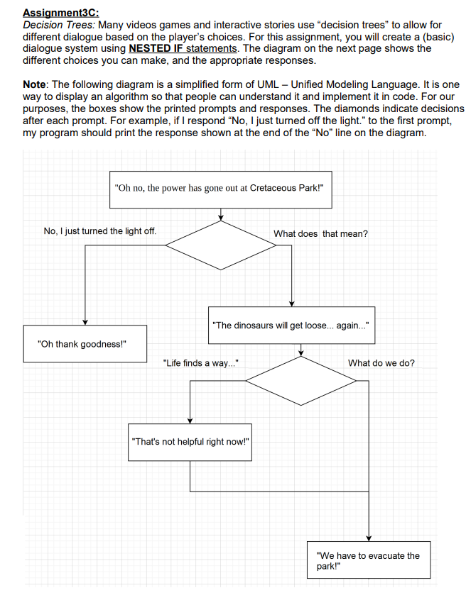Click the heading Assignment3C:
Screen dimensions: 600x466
[60, 13]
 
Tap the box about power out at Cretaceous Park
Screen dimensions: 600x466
[220, 189]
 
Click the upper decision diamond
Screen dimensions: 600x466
[221, 246]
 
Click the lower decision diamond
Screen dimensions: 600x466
[300, 381]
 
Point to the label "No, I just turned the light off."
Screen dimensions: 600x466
[100, 231]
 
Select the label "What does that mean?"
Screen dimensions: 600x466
[320, 233]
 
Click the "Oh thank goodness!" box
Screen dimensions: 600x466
[85, 344]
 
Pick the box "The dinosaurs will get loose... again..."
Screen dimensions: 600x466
[291, 325]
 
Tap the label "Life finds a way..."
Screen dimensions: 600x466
[201, 363]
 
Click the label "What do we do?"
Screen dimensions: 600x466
[381, 363]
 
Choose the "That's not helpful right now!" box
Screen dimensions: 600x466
[191, 442]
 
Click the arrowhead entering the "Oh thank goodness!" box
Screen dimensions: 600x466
[85, 322]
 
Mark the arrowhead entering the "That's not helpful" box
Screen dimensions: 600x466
[190, 421]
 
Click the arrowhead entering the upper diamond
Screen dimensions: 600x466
[221, 217]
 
